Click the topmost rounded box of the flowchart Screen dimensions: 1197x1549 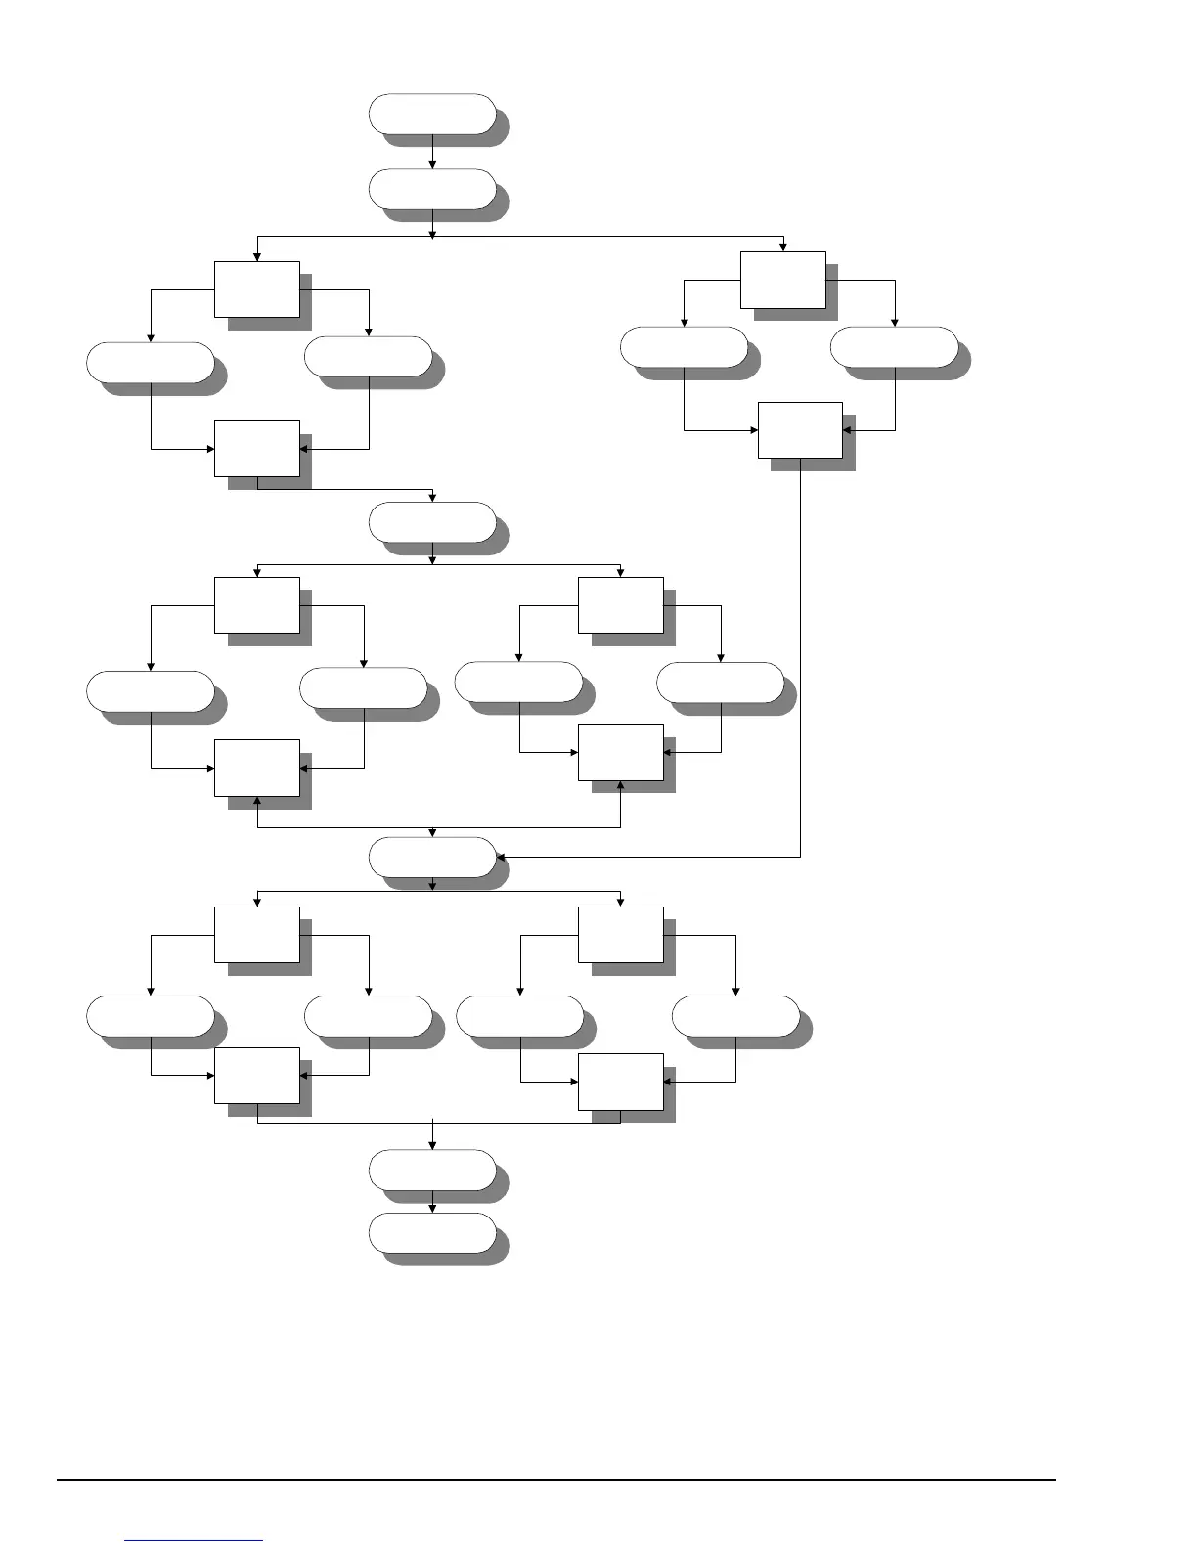pyautogui.click(x=432, y=113)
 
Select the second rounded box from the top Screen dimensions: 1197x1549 pyautogui.click(x=432, y=189)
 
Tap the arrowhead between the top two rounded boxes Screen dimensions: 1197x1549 pyautogui.click(x=432, y=163)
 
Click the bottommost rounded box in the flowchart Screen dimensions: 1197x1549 pyautogui.click(x=432, y=1233)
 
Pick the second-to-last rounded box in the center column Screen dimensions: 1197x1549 pyautogui.click(x=432, y=1170)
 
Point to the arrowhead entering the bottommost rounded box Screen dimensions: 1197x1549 pyautogui.click(x=432, y=1208)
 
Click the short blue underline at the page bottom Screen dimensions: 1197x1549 pyautogui.click(x=194, y=1541)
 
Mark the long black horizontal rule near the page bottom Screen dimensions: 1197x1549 pyautogui.click(x=557, y=1480)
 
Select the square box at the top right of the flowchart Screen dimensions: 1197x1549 pyautogui.click(x=782, y=280)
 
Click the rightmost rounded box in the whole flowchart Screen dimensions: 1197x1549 pyautogui.click(x=894, y=347)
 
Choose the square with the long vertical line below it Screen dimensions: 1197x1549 pyautogui.click(x=800, y=429)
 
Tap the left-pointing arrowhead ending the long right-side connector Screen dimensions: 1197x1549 pyautogui.click(x=501, y=857)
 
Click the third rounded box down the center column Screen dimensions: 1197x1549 pyautogui.click(x=432, y=522)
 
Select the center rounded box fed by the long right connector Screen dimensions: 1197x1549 pyautogui.click(x=432, y=857)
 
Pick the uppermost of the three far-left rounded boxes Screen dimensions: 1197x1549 pyautogui.click(x=151, y=363)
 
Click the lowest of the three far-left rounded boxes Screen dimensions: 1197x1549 pyautogui.click(x=151, y=1016)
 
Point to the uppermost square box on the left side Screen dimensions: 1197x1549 pyautogui.click(x=257, y=288)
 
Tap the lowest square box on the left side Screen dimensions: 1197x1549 pyautogui.click(x=257, y=1075)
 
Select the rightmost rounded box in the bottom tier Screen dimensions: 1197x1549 pyautogui.click(x=735, y=1016)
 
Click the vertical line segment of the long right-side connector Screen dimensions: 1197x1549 pyautogui.click(x=800, y=665)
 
